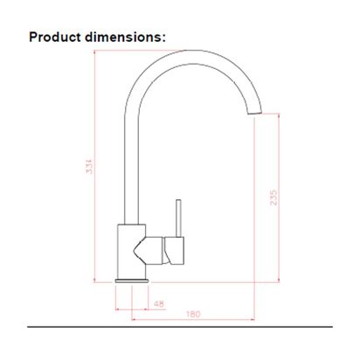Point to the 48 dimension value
pos(157,303)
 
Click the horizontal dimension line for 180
pos(210,318)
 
